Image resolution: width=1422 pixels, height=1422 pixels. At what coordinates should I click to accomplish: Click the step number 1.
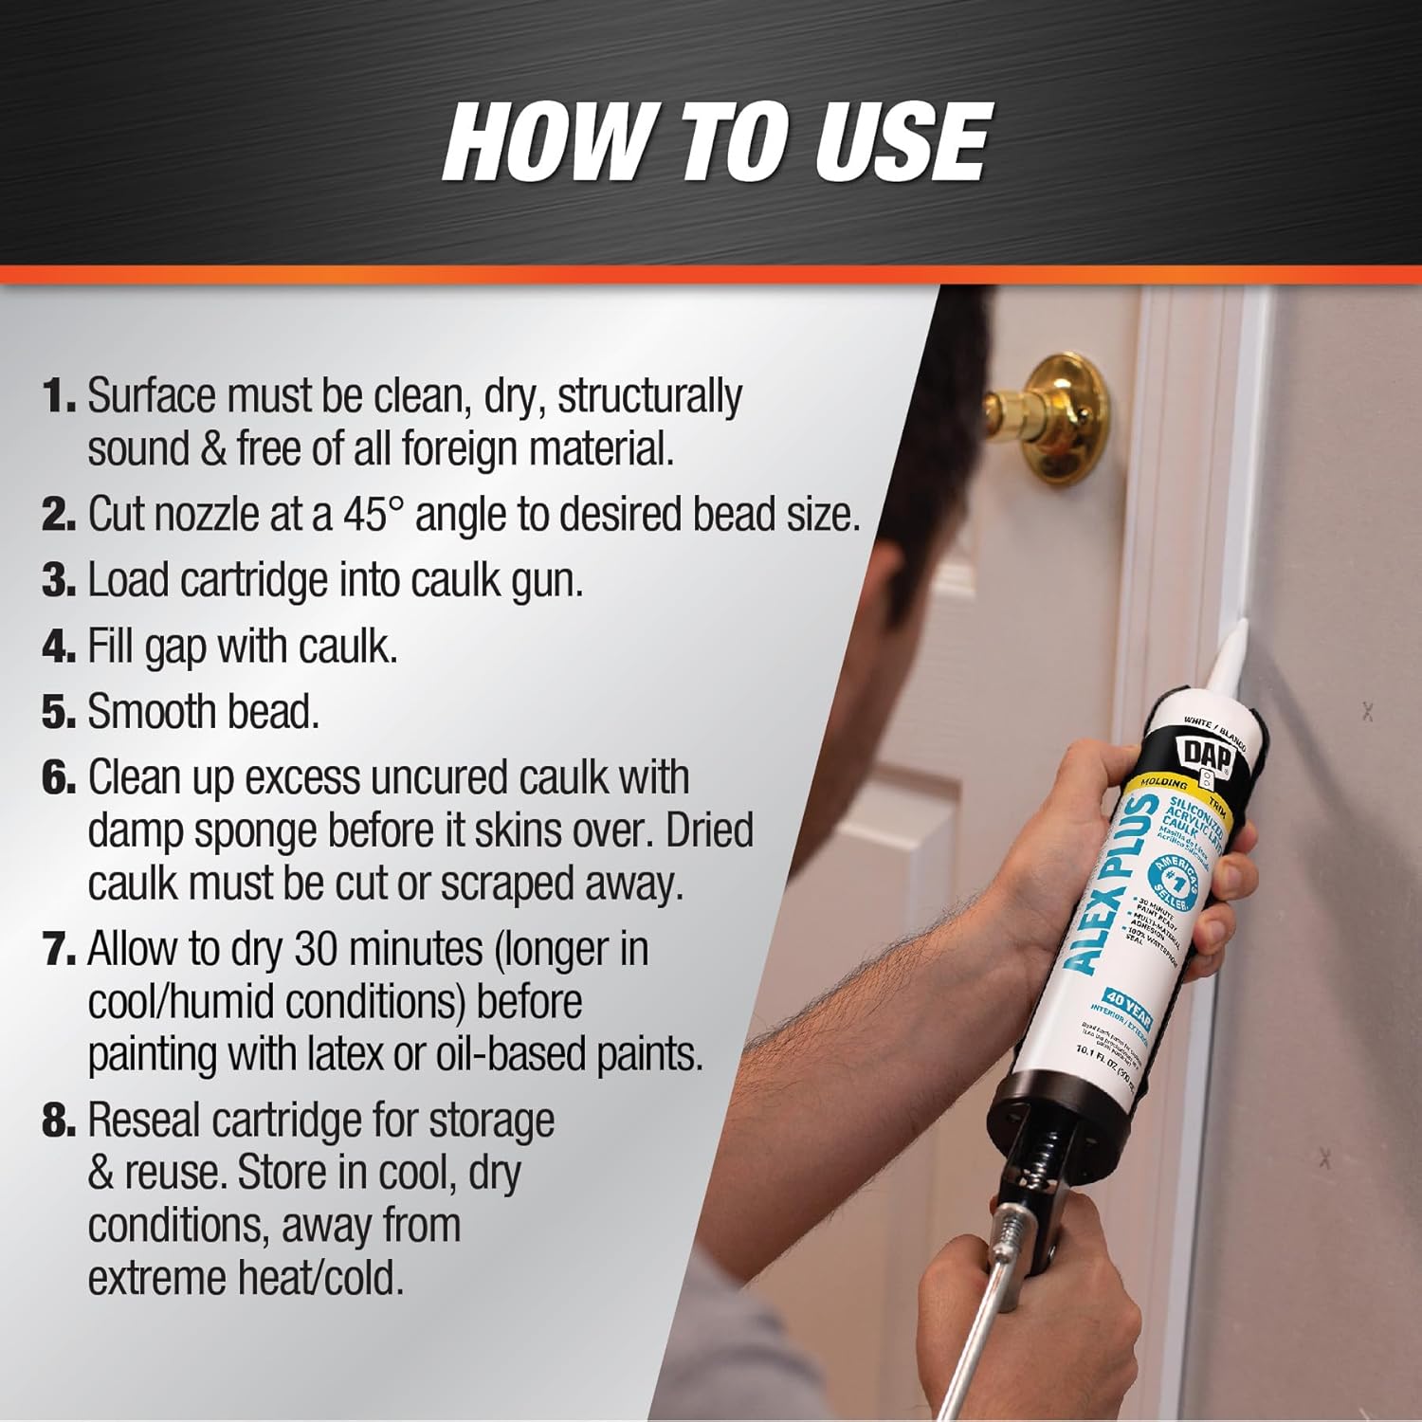pyautogui.click(x=57, y=396)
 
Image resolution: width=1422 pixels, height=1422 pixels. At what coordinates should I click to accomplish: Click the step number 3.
pyautogui.click(x=57, y=580)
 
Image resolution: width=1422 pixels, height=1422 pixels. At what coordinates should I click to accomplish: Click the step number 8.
pyautogui.click(x=57, y=1121)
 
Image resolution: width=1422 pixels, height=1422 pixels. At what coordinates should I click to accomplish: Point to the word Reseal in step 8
pyautogui.click(x=143, y=1121)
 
